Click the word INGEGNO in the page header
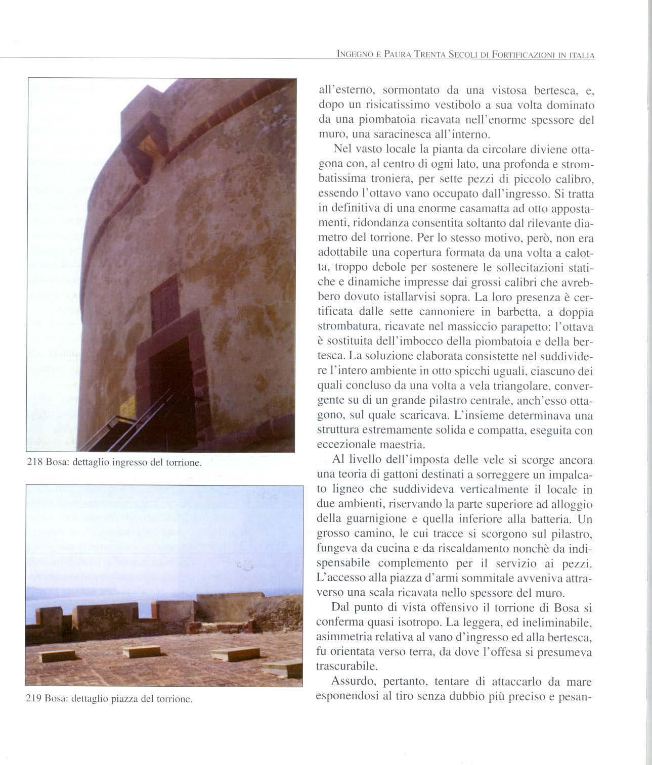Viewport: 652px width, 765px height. (x=350, y=54)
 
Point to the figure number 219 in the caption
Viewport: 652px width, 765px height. (x=33, y=699)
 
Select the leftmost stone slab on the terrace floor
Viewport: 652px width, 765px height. (x=58, y=656)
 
